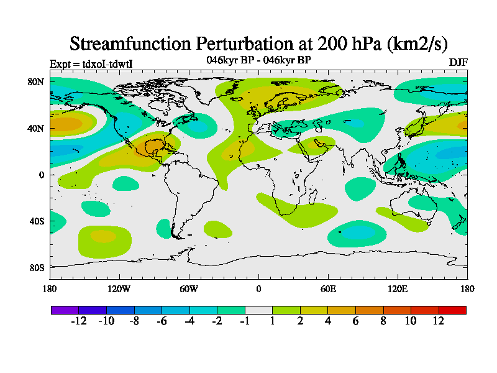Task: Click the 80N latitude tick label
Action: [35, 81]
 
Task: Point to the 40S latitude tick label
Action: [36, 221]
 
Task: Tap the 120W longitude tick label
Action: [119, 288]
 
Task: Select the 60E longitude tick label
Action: [328, 288]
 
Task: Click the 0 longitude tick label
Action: [258, 288]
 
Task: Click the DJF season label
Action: [458, 63]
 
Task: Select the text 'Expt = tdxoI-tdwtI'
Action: [91, 63]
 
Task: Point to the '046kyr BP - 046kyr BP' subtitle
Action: [258, 60]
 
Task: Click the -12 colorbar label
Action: [78, 321]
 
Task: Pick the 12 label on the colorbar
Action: [439, 321]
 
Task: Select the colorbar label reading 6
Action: [356, 321]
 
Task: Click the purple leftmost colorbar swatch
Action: [65, 310]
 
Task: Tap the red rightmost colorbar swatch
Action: [452, 310]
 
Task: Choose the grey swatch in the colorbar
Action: [258, 310]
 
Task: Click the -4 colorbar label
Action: [189, 321]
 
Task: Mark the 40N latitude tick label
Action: [35, 128]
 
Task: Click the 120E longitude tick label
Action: [398, 288]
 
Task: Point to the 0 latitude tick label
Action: [42, 175]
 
